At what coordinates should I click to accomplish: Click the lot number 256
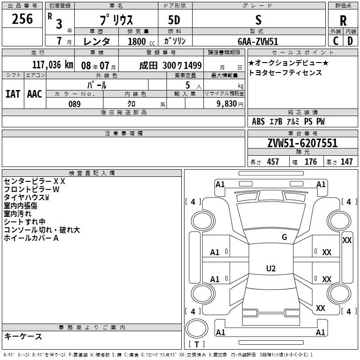(22, 19)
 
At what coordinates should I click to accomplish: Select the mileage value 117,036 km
(53, 65)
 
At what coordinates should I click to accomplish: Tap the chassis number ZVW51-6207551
(302, 143)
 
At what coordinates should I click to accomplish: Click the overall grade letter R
(343, 20)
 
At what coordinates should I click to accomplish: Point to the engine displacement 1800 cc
(141, 41)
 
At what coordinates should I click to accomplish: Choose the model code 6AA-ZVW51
(258, 41)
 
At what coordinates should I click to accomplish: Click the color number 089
(74, 104)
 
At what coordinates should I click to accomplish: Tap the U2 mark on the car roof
(271, 268)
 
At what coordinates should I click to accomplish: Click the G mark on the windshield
(284, 237)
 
